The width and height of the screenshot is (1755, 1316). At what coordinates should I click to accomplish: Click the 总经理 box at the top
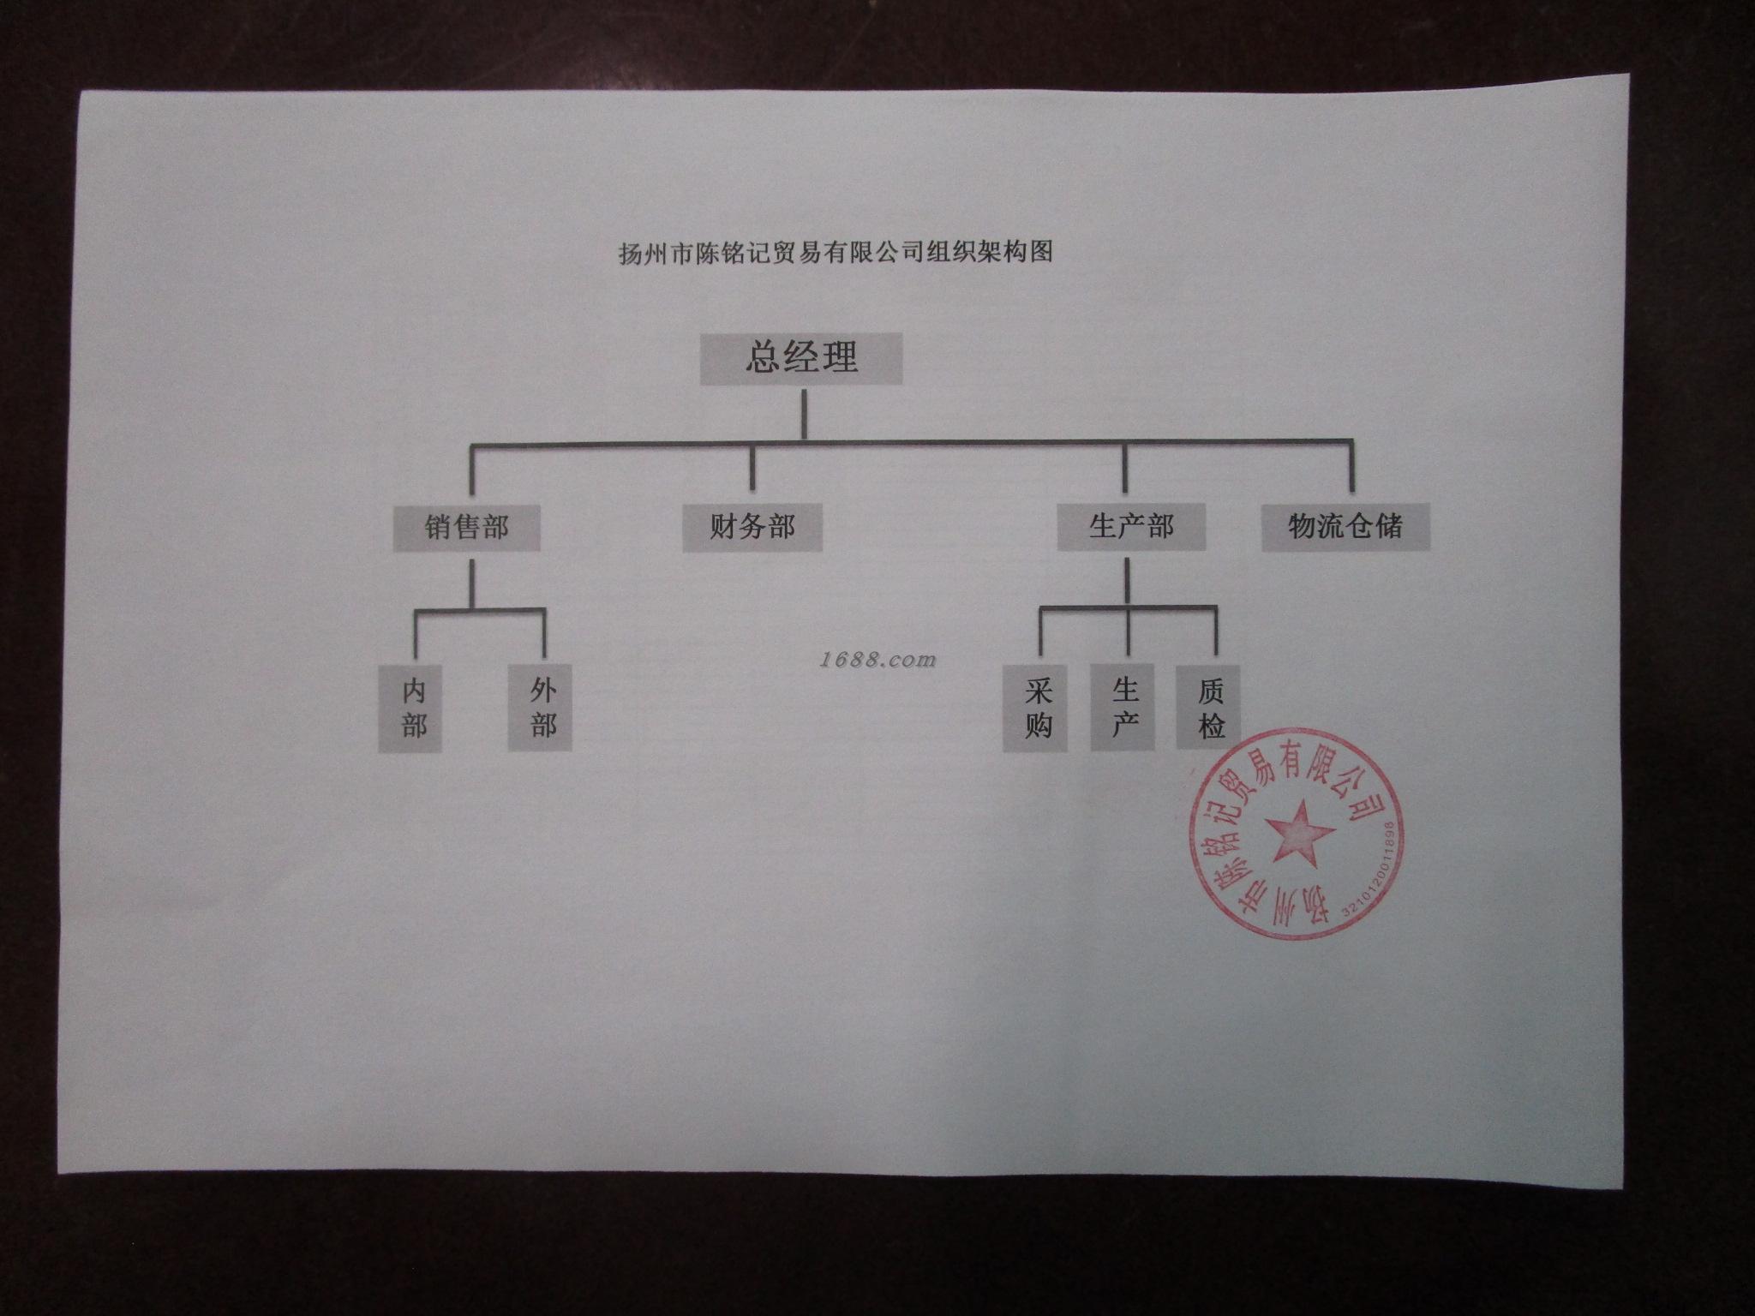(x=801, y=358)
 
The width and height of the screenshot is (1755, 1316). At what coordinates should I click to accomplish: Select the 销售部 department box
(x=467, y=527)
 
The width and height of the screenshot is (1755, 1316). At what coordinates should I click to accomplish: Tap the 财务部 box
(x=752, y=526)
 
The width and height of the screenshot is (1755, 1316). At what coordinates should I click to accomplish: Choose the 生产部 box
(x=1131, y=526)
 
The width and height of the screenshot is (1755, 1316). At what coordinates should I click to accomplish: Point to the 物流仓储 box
(x=1346, y=526)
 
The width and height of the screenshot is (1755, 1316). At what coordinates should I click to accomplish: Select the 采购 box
(x=1037, y=709)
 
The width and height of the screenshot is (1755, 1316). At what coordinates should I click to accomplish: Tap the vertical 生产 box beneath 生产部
(x=1124, y=709)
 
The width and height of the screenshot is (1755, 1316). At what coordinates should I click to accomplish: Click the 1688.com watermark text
(x=877, y=660)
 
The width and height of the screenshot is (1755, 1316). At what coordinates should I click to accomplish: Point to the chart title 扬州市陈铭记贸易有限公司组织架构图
(x=835, y=253)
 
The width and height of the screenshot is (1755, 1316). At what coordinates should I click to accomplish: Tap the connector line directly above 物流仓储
(x=1351, y=470)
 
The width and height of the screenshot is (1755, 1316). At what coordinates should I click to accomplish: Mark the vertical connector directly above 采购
(x=1041, y=638)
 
